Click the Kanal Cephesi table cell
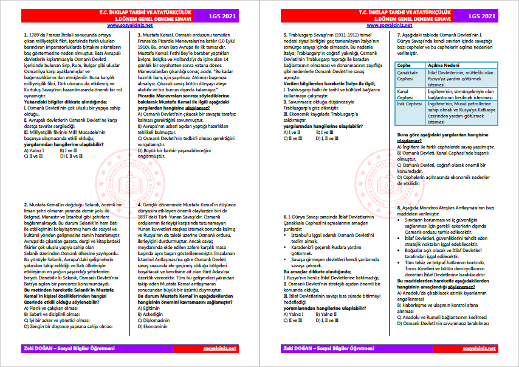click(407, 94)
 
